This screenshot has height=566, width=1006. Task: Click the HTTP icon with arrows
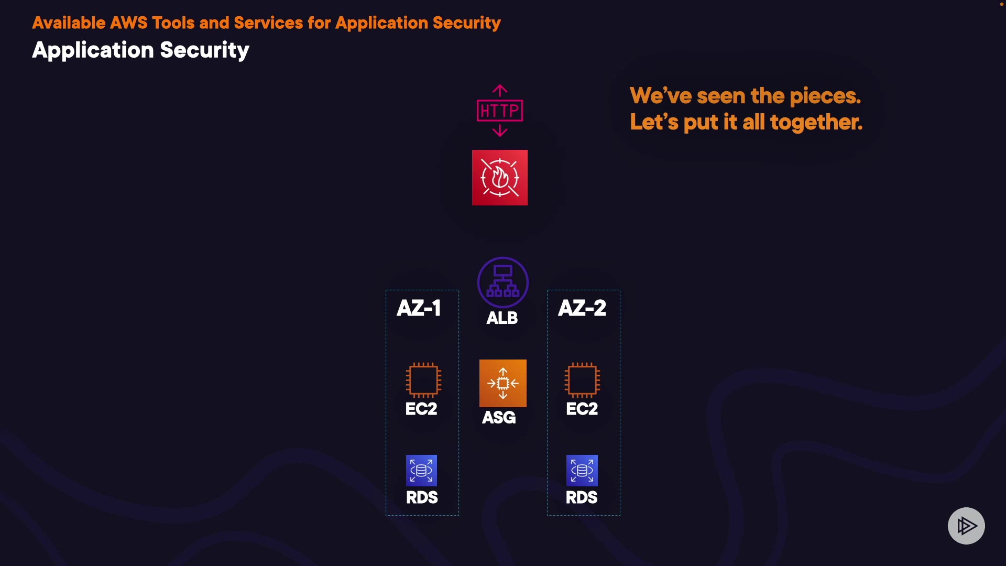click(500, 111)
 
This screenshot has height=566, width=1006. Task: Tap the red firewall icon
click(500, 178)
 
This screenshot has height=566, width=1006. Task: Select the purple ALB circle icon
click(503, 282)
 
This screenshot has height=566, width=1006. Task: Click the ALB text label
click(502, 318)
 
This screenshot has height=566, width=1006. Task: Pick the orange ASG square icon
click(503, 383)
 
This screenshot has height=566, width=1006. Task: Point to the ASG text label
click(499, 418)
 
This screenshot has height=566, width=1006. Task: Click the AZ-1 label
click(419, 308)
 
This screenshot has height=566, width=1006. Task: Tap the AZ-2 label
click(582, 308)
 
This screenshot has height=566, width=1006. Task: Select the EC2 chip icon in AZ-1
click(423, 380)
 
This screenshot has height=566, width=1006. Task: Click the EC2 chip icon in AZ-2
click(582, 380)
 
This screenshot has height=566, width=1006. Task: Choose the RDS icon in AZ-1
click(421, 471)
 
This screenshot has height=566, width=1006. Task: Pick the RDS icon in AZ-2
click(582, 471)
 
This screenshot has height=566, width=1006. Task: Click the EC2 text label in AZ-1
click(421, 409)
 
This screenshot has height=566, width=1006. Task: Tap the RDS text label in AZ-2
click(582, 497)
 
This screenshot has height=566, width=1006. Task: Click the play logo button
click(966, 526)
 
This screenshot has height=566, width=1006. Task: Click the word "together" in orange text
click(815, 122)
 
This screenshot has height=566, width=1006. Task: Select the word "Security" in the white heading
click(204, 50)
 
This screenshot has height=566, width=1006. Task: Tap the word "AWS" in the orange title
click(128, 23)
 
